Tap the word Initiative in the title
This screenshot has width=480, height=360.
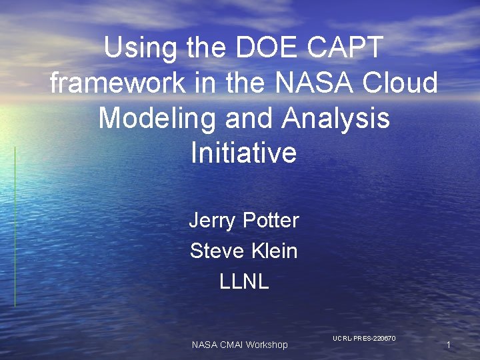243,153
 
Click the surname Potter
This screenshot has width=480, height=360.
271,220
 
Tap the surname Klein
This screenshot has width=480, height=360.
273,251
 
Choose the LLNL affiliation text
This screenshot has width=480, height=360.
244,281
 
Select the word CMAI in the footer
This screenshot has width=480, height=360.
229,345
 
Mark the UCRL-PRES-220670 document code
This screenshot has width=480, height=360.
364,339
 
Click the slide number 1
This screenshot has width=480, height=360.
449,345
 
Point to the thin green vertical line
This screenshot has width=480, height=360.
15,227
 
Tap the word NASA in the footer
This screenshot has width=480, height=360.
203,345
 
